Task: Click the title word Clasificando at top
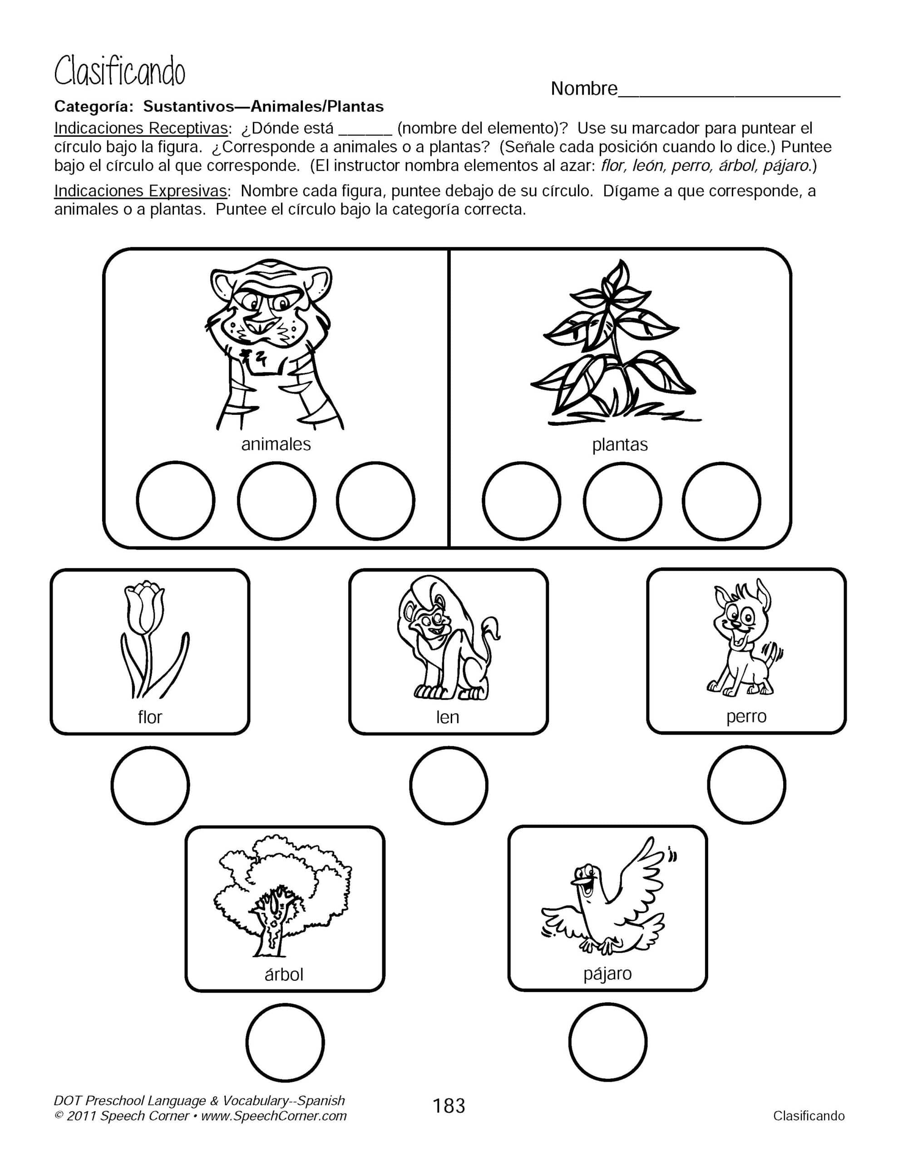click(120, 73)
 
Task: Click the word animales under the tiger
click(276, 444)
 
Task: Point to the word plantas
click(620, 445)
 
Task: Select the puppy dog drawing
click(745, 639)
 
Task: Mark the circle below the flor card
click(150, 785)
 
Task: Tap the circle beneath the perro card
click(746, 785)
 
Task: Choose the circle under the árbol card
click(285, 1042)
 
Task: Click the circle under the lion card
click(448, 785)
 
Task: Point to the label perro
click(746, 717)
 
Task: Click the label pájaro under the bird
click(607, 974)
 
